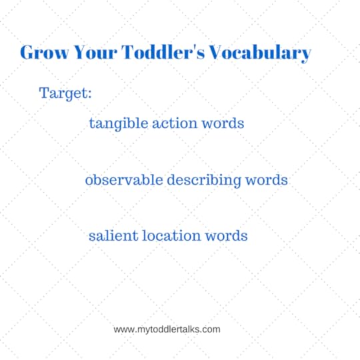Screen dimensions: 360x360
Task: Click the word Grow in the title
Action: coord(43,53)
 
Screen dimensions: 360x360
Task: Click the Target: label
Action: coord(65,93)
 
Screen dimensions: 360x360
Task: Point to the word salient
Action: coord(110,236)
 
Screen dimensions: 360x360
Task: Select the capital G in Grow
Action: coord(28,53)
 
